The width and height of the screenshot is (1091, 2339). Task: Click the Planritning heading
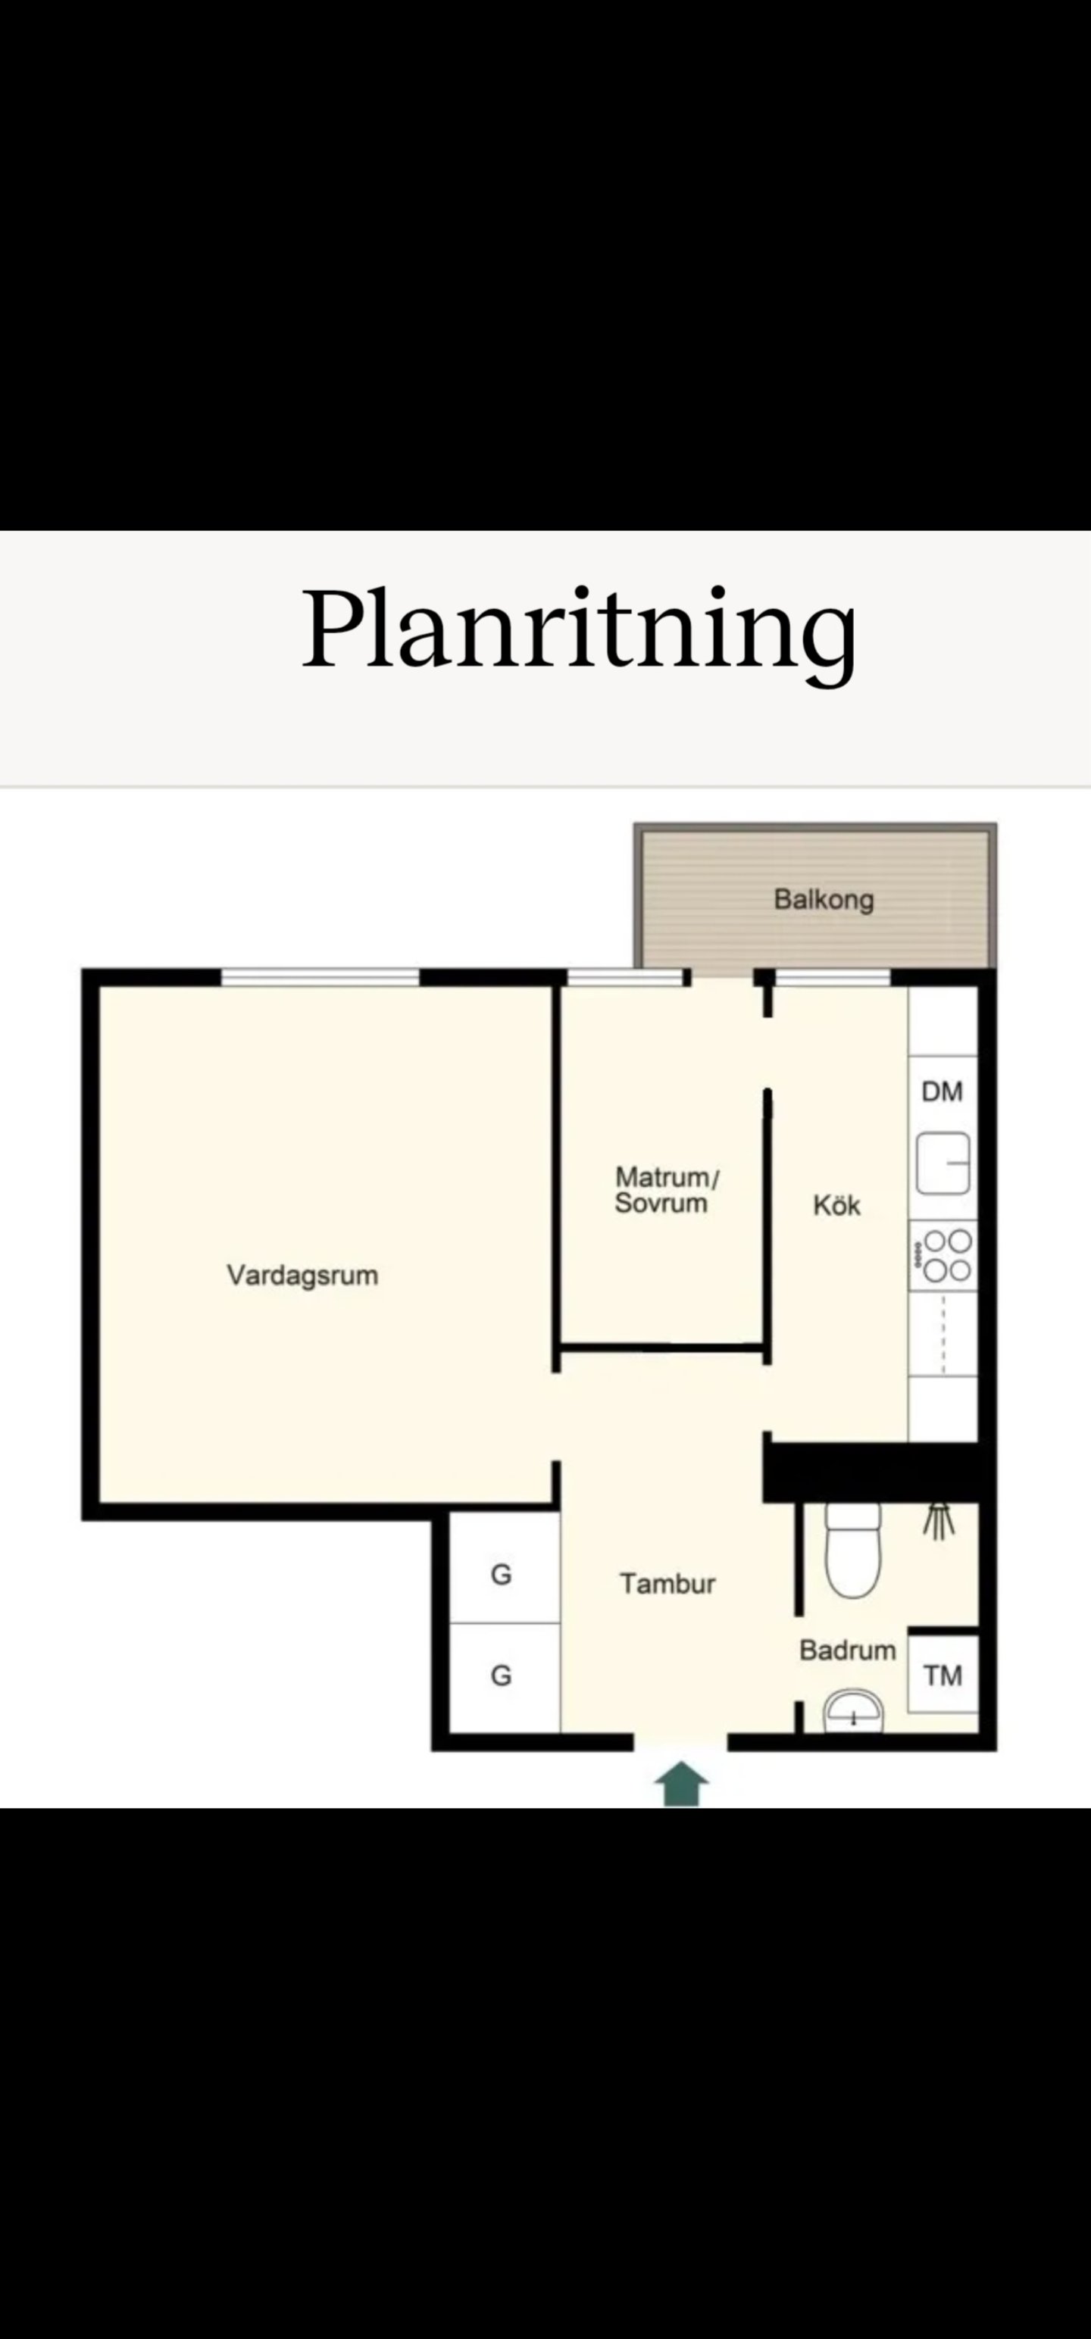pos(579,630)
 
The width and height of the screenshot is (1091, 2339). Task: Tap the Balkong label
pos(823,900)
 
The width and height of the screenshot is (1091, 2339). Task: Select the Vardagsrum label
pos(302,1275)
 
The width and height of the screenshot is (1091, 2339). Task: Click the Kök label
pos(836,1205)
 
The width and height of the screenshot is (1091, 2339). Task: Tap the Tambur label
pos(667,1584)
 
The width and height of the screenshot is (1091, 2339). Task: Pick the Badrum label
pos(848,1650)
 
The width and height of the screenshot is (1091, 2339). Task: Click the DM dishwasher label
pos(942,1091)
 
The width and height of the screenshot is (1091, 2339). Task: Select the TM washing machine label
pos(943,1675)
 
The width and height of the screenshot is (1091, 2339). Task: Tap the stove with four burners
pos(944,1255)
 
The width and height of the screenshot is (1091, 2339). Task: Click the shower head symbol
pos(939,1521)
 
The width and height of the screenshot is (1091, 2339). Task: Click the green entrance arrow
pos(681,1785)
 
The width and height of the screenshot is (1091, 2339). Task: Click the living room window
pos(320,977)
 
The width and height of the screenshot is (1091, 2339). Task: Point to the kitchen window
pos(833,977)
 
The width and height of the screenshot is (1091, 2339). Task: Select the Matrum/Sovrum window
pos(625,977)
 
